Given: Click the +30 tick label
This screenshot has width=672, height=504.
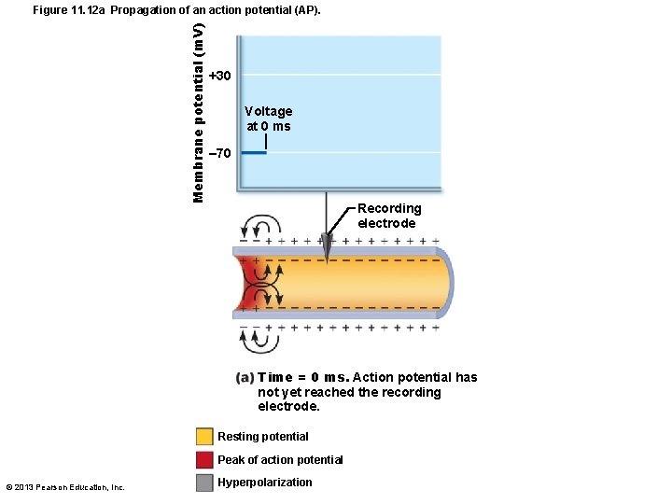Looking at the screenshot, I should click(220, 75).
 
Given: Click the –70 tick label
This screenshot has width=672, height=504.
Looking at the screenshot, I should click(220, 153).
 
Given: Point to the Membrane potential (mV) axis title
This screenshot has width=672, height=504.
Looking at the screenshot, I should click(199, 112).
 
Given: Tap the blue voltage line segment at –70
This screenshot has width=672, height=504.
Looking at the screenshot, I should click(253, 153).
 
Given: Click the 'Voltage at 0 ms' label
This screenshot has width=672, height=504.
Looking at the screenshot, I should click(268, 119).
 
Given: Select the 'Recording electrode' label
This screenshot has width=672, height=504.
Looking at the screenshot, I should click(388, 216).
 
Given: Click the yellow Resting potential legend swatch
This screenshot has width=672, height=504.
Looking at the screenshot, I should click(204, 436).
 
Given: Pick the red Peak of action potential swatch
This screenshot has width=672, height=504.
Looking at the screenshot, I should click(204, 459).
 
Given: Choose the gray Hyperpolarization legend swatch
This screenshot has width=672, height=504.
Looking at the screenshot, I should click(204, 483).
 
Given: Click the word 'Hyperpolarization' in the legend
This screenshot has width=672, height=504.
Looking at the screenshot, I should click(264, 483).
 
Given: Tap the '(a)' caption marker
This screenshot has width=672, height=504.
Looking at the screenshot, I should click(245, 377).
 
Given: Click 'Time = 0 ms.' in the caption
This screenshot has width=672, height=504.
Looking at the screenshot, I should click(303, 377).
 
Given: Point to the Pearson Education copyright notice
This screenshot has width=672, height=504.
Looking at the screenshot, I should click(65, 486).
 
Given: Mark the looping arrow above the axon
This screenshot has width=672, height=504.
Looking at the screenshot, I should click(260, 228).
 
